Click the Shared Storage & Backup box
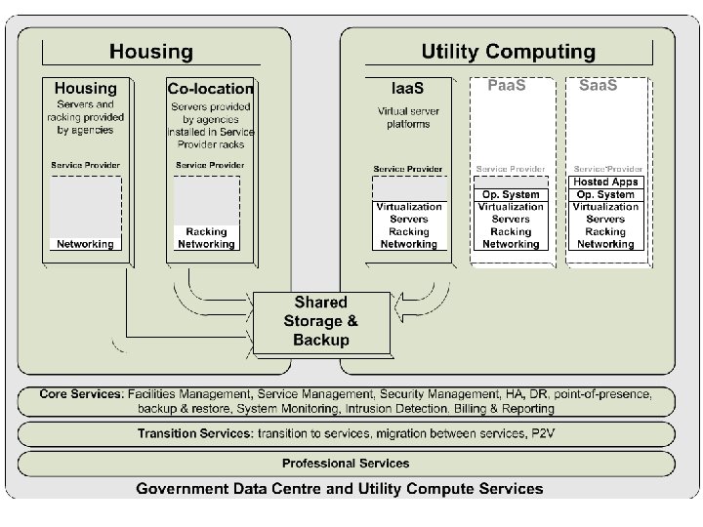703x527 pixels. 320,321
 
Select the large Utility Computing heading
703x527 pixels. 507,52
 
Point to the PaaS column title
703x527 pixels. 506,86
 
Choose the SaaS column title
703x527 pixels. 598,86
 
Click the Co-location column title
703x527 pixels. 210,89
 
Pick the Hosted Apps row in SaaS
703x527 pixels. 605,182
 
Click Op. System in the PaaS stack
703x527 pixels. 511,194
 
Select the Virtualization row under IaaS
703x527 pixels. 409,207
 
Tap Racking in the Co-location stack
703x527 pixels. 206,232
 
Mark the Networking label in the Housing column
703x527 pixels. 85,244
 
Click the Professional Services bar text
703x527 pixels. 346,463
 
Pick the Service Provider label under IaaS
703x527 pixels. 407,169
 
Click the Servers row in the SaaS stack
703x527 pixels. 605,220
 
